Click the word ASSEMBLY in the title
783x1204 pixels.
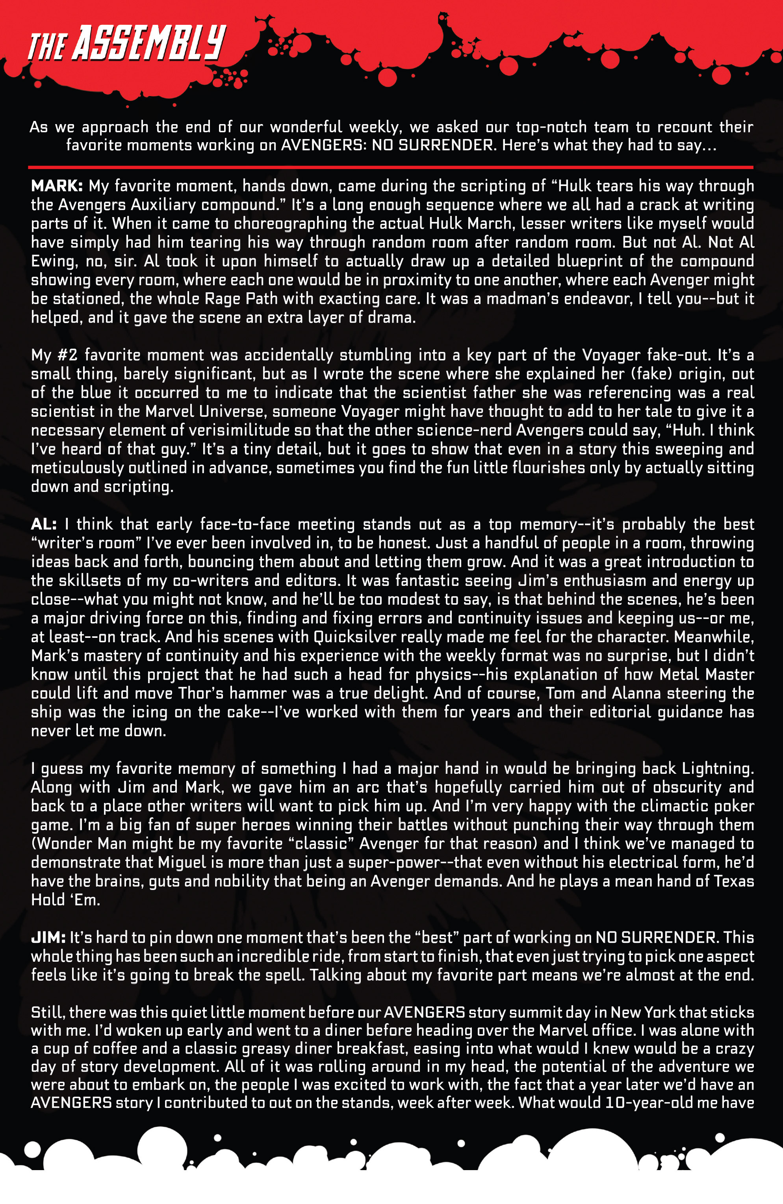click(x=149, y=43)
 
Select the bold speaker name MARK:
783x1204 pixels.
click(x=57, y=186)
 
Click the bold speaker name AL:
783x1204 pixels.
click(x=43, y=524)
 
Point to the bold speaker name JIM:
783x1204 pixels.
click(x=48, y=937)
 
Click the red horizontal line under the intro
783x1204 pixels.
click(x=390, y=167)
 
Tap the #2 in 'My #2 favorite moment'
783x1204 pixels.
click(x=67, y=355)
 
